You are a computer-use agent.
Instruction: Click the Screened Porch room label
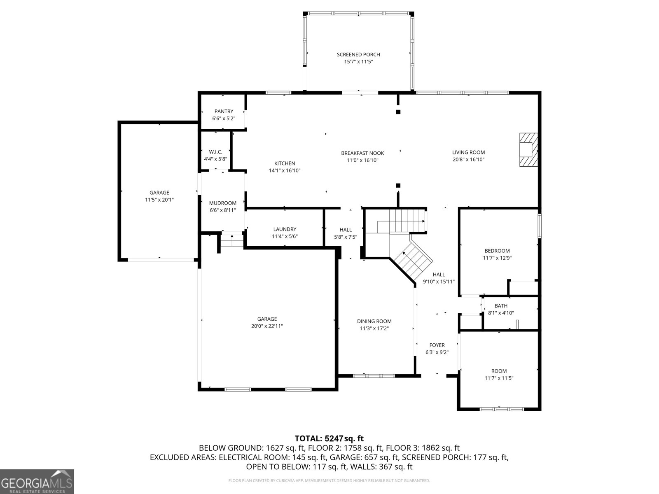[358, 55]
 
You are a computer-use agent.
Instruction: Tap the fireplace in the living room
[528, 149]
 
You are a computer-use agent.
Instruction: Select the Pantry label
[224, 111]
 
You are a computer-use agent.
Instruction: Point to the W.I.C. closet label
[215, 152]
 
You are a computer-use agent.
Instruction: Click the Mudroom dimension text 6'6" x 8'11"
[223, 210]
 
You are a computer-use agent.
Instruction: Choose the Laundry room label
[285, 229]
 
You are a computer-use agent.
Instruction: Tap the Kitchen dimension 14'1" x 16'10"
[285, 171]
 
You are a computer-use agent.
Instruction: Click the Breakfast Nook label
[362, 153]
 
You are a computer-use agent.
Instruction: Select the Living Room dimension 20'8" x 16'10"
[468, 160]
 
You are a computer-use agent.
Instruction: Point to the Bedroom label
[497, 251]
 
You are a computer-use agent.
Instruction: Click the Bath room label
[501, 305]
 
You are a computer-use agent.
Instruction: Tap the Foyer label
[437, 345]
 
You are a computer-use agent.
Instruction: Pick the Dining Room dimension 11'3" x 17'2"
[374, 329]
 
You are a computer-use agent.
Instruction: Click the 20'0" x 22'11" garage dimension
[267, 326]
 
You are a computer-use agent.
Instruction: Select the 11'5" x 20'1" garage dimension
[159, 200]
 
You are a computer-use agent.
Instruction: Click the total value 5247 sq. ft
[344, 438]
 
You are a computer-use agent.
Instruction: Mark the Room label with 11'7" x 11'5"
[499, 371]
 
